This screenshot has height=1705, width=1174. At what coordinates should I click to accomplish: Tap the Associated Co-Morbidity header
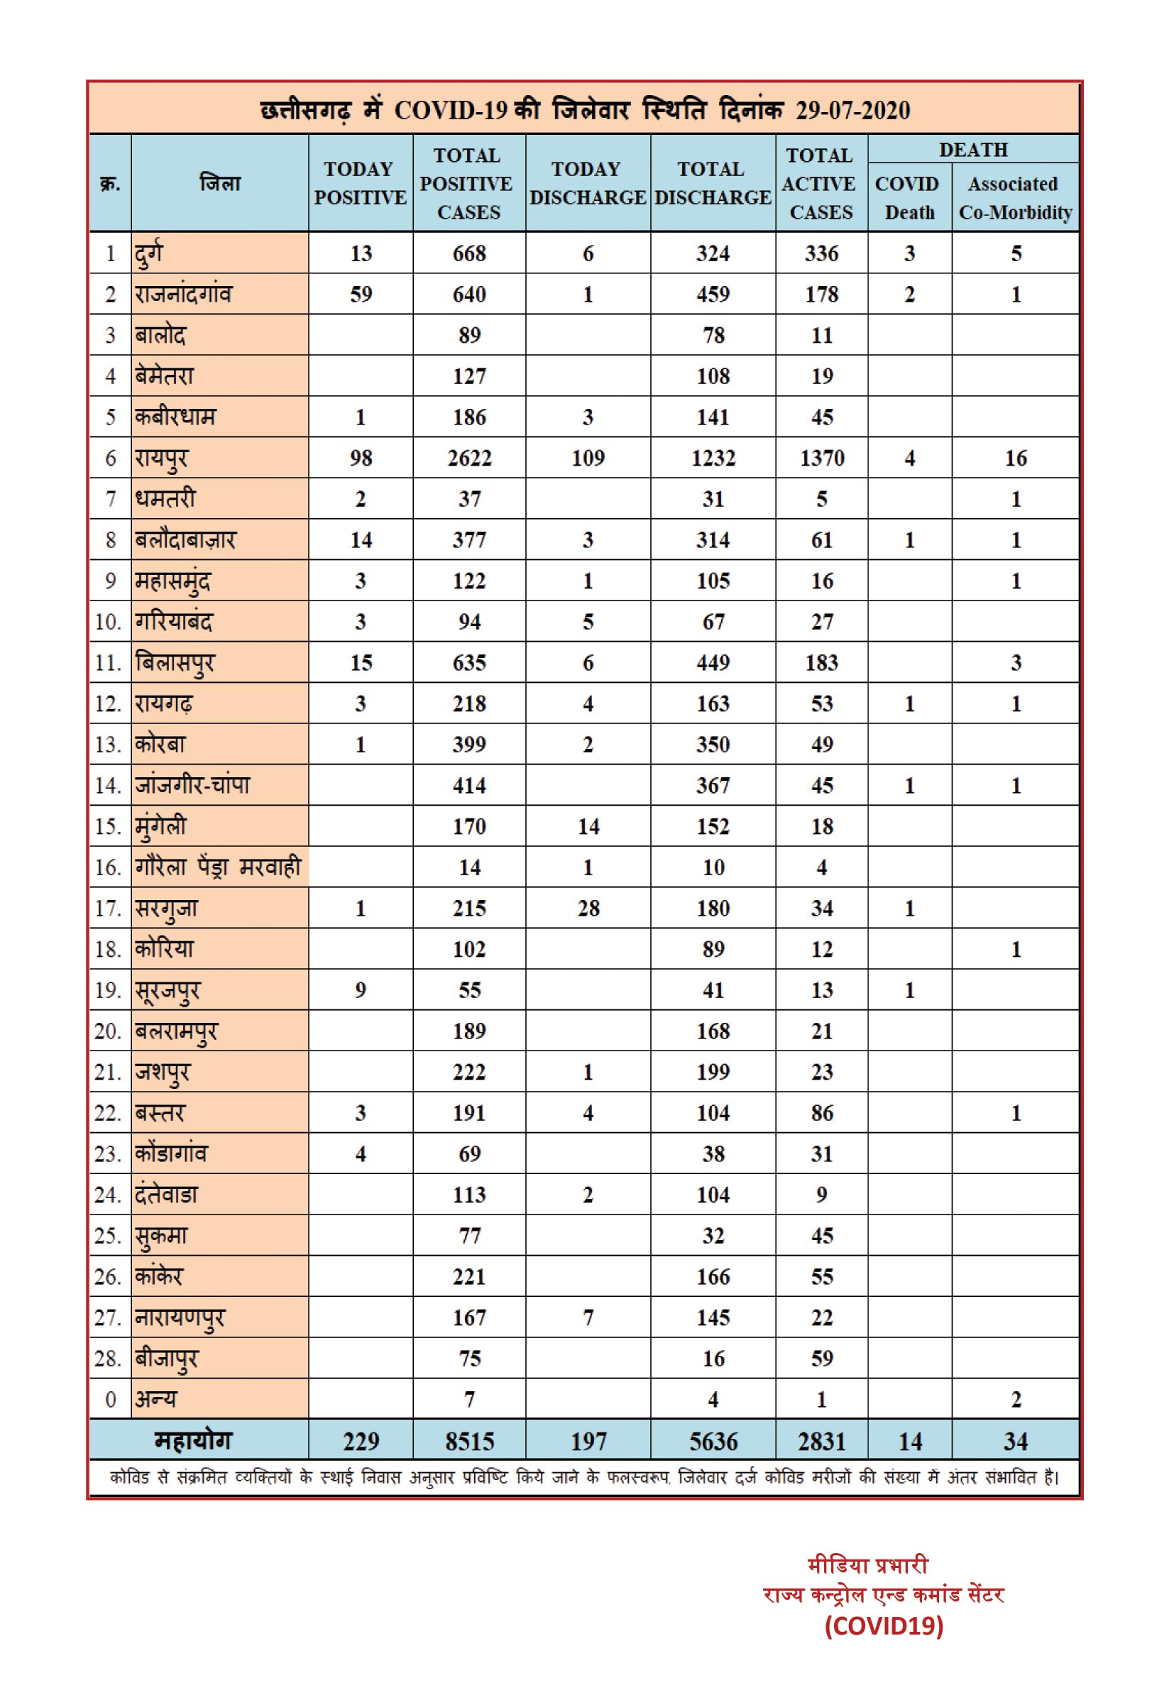pyautogui.click(x=1014, y=198)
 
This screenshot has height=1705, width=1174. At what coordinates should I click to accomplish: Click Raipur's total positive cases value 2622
pyautogui.click(x=468, y=459)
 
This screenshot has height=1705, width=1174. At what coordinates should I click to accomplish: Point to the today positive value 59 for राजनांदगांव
pyautogui.click(x=361, y=294)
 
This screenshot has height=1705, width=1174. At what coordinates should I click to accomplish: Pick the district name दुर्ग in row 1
pyautogui.click(x=148, y=254)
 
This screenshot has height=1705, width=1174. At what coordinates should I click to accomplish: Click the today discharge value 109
pyautogui.click(x=588, y=459)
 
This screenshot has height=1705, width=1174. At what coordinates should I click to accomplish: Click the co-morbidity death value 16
pyautogui.click(x=1015, y=459)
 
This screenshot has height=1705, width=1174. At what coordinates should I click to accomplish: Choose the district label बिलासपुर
pyautogui.click(x=175, y=663)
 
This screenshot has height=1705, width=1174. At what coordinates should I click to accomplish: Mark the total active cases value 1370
pyautogui.click(x=822, y=459)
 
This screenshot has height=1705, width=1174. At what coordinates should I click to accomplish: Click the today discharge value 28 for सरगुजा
pyautogui.click(x=588, y=909)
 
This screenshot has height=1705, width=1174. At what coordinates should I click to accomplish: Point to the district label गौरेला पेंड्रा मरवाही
pyautogui.click(x=218, y=867)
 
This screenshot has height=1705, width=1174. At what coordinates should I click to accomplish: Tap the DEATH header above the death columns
pyautogui.click(x=972, y=149)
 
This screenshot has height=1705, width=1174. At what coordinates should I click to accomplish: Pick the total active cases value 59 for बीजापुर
pyautogui.click(x=822, y=1359)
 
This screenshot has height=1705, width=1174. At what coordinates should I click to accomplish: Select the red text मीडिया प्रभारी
pyautogui.click(x=868, y=1564)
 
